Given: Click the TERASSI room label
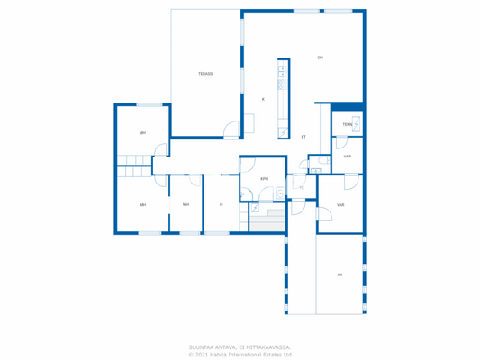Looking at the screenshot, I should point(206,74).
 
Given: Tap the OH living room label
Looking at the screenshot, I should point(320,58).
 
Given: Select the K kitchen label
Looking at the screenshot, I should point(263,99).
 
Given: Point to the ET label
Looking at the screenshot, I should point(303,137).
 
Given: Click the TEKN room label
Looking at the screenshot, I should point(347,125).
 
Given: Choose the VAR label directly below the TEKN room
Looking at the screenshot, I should point(347,157).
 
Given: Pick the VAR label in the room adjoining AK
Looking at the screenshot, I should point(340,205).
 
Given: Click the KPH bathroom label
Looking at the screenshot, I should point(264,179).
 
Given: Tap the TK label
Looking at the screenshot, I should point(301,187).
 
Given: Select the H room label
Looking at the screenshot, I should point(221,205).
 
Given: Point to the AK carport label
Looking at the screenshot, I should point(340,274).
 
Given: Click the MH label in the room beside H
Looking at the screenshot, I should point(186,205).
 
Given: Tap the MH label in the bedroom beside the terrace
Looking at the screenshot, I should point(142,133).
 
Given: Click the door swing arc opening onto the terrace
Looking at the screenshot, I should point(232,129).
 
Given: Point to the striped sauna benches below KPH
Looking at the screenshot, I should point(267,221).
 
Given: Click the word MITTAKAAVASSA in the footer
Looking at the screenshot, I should point(266,346).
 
